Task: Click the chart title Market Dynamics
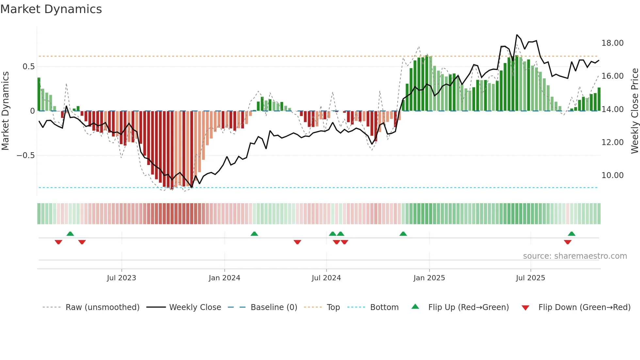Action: [x=51, y=9]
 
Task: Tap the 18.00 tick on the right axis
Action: [x=612, y=43]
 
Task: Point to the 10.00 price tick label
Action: [x=612, y=175]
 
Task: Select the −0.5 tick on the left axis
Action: [x=25, y=155]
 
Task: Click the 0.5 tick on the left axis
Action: [x=28, y=67]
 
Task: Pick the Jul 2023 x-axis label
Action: [x=121, y=278]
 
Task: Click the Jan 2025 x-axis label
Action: [x=429, y=278]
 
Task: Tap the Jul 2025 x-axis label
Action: [x=530, y=278]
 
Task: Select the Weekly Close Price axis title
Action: [x=634, y=111]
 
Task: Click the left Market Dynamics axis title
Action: [x=5, y=111]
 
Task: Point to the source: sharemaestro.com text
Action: [x=575, y=256]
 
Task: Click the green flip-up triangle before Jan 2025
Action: [x=403, y=234]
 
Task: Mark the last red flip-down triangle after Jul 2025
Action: [x=568, y=242]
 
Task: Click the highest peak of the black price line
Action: [x=517, y=35]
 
